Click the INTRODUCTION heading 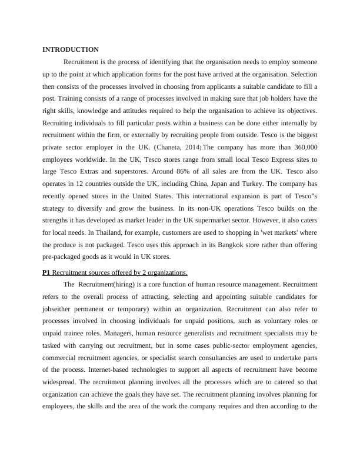[71, 49]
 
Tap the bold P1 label [46, 272]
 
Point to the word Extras [93, 171]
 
